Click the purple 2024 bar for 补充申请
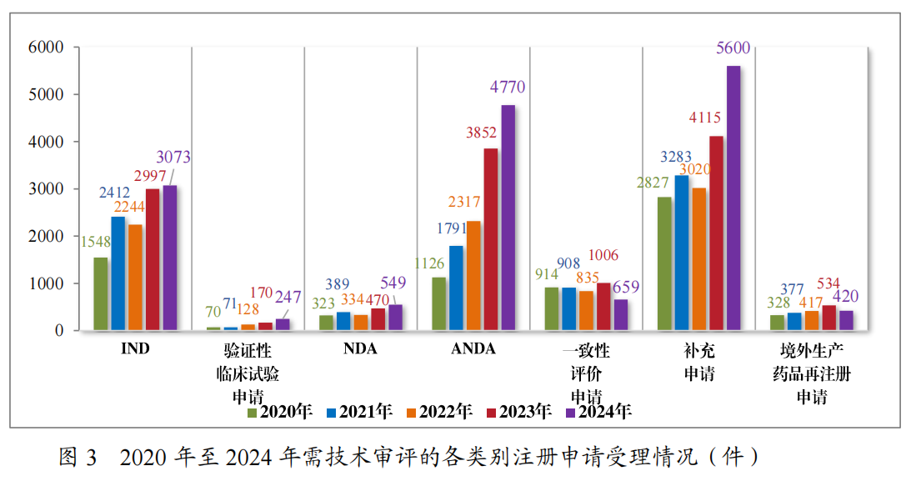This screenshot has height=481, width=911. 733,198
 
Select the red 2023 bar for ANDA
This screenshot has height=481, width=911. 490,239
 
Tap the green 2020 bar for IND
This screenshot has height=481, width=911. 101,293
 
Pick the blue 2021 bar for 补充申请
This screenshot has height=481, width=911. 681,253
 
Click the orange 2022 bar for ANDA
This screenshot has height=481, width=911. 473,275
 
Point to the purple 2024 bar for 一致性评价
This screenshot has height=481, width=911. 620,314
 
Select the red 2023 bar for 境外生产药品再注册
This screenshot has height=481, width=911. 828,317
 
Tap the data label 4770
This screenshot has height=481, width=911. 508,87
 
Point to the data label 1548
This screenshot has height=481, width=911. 95,243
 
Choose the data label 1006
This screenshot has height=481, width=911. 603,256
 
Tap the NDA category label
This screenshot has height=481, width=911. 360,349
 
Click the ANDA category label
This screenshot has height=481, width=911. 473,349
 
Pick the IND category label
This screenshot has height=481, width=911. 134,349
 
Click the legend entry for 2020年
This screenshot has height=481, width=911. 279,412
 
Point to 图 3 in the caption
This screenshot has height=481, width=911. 78,457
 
